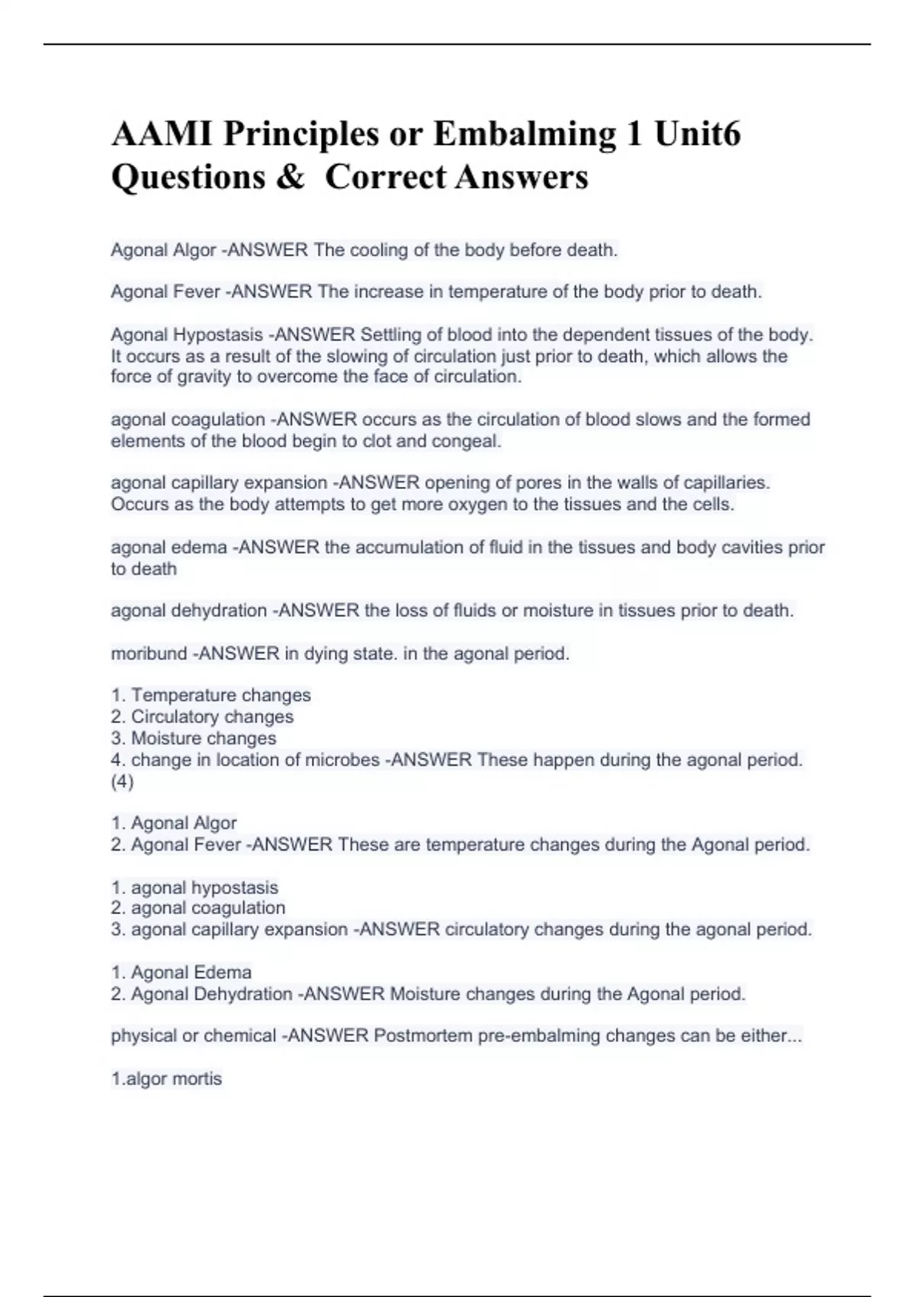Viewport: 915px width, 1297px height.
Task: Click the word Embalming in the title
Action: point(525,134)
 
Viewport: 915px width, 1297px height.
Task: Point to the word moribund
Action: point(149,654)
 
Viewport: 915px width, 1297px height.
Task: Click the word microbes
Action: point(342,761)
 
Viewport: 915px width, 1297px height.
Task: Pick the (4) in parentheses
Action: point(122,782)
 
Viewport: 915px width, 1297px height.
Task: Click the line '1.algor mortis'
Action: point(166,1079)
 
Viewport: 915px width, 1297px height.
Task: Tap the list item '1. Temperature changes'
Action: point(211,696)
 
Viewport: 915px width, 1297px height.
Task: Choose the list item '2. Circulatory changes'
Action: point(202,717)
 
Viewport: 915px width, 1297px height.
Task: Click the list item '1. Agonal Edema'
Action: point(181,973)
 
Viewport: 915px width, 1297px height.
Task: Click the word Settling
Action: point(389,335)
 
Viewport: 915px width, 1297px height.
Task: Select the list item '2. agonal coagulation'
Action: point(198,909)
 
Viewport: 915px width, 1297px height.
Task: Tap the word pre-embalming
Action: point(553,1036)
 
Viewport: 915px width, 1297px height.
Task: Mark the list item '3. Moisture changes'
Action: point(194,739)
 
